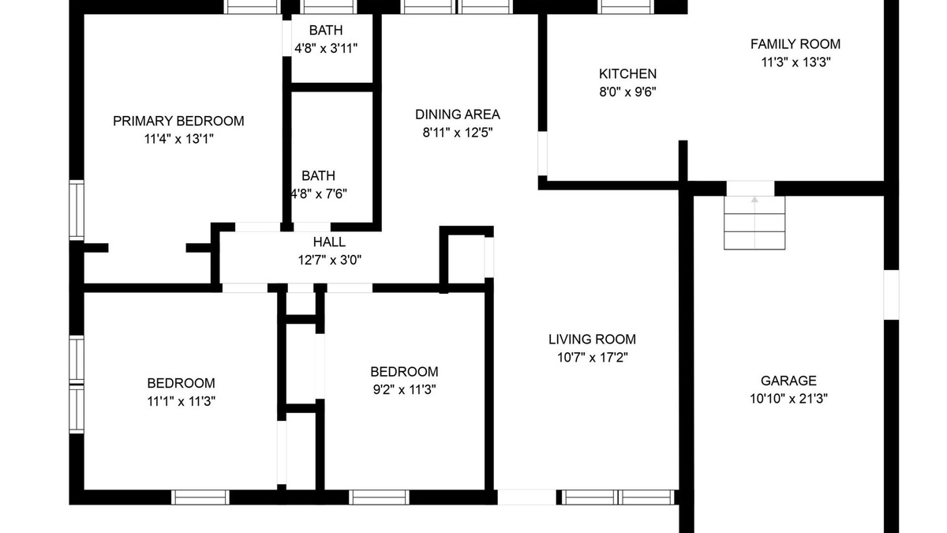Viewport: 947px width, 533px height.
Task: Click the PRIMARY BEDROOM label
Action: click(178, 121)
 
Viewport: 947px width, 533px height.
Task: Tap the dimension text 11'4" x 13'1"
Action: click(179, 139)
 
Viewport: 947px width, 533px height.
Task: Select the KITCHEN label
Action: click(628, 74)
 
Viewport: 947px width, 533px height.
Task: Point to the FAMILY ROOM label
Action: click(795, 44)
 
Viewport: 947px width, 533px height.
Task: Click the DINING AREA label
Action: click(458, 114)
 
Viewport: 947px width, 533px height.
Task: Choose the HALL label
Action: click(329, 242)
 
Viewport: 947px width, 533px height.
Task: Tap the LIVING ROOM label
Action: click(592, 340)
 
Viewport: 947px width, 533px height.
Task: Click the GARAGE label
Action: click(788, 381)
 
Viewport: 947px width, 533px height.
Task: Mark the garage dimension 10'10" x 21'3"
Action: click(788, 399)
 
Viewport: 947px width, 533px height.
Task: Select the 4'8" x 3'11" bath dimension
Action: click(326, 48)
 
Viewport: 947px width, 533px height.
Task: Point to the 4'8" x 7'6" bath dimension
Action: click(319, 193)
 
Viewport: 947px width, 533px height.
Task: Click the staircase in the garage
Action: click(754, 223)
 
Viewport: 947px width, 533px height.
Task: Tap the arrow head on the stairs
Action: click(754, 199)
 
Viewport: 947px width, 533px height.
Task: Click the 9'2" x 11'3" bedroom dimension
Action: click(404, 389)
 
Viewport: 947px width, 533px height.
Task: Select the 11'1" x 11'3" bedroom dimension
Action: click(181, 400)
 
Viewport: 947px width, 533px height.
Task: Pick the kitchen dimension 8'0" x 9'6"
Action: click(628, 92)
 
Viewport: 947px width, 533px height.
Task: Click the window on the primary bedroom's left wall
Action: click(77, 210)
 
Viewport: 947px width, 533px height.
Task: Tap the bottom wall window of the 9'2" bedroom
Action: click(380, 497)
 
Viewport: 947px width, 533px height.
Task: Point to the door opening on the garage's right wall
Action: click(891, 295)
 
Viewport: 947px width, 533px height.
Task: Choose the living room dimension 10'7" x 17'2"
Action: click(593, 358)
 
